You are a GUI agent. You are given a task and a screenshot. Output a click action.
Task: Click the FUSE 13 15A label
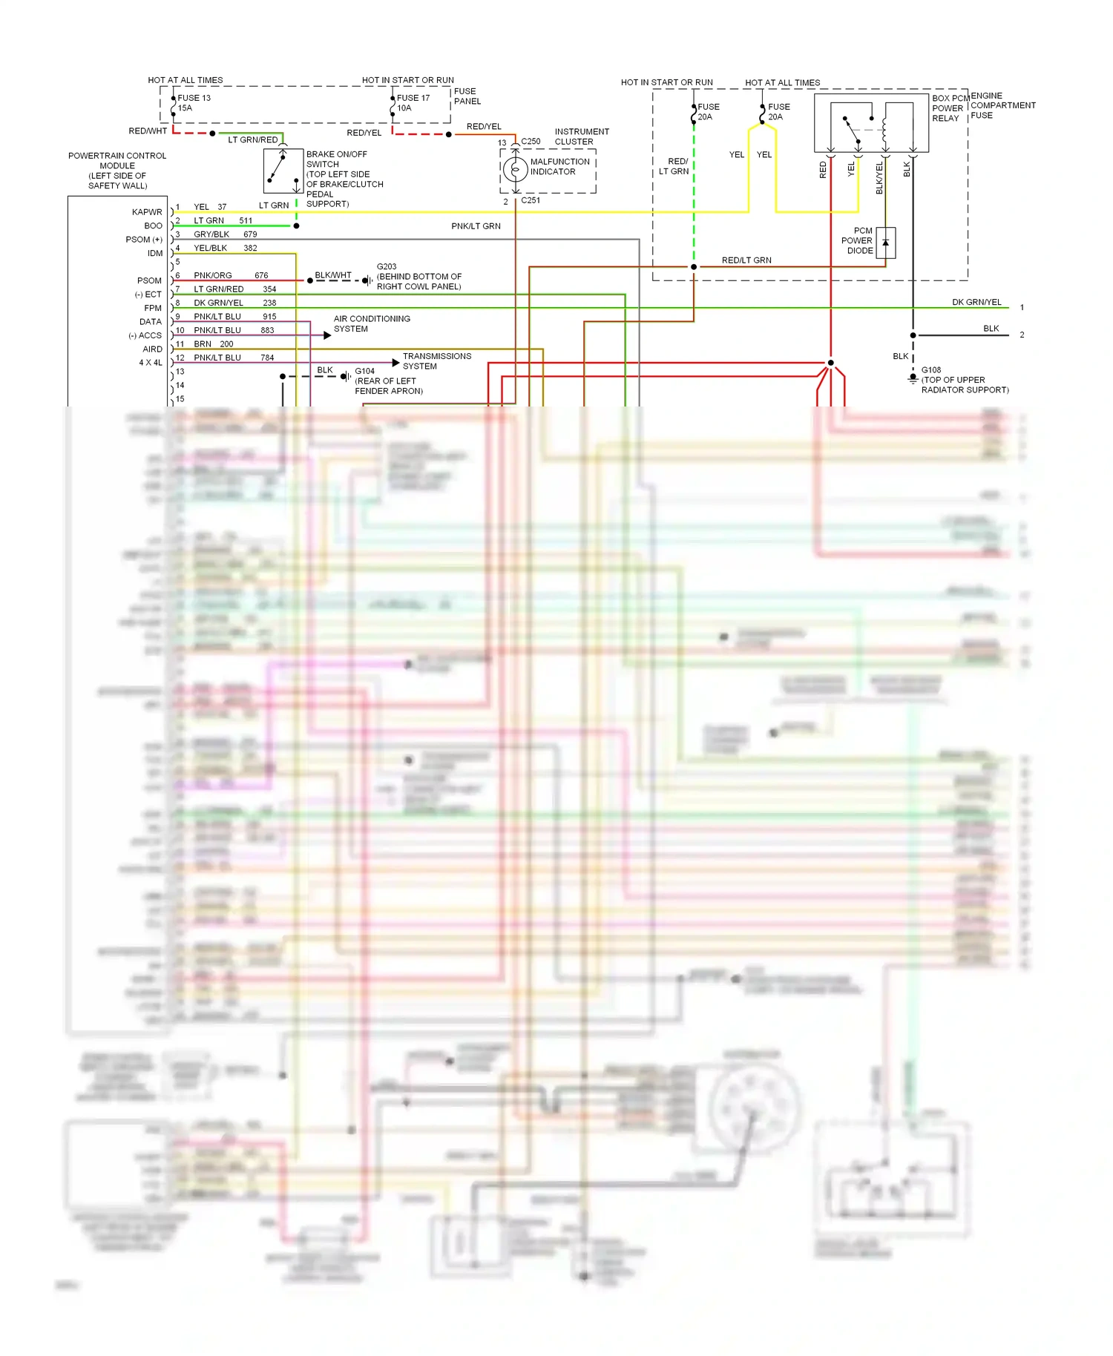[194, 102]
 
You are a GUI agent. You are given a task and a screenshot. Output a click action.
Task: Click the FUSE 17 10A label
[413, 102]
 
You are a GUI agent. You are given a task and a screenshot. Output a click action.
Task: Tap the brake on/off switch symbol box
[283, 171]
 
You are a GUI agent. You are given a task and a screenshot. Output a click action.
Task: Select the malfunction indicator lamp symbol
[515, 169]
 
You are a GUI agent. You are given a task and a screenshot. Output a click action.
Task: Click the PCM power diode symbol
[885, 243]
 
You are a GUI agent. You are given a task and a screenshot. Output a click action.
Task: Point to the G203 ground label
[387, 266]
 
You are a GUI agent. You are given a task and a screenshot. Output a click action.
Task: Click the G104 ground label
[364, 371]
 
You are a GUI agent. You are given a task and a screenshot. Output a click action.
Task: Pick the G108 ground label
[931, 369]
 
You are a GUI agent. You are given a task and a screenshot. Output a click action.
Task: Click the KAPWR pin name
[147, 212]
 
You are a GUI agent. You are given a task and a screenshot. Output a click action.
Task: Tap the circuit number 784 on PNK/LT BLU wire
[267, 358]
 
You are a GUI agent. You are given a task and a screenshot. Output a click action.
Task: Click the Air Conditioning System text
[372, 323]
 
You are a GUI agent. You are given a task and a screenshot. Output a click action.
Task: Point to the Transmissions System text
[436, 361]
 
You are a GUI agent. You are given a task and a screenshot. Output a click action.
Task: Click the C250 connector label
[531, 141]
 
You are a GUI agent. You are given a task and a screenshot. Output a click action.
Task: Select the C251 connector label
[531, 200]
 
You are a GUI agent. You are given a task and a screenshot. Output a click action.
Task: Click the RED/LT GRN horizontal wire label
[746, 260]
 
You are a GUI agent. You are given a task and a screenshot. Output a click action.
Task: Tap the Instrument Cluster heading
[582, 136]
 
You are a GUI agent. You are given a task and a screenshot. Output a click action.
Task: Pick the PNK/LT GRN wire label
[476, 226]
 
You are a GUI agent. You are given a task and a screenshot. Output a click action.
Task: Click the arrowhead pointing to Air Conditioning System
[327, 335]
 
